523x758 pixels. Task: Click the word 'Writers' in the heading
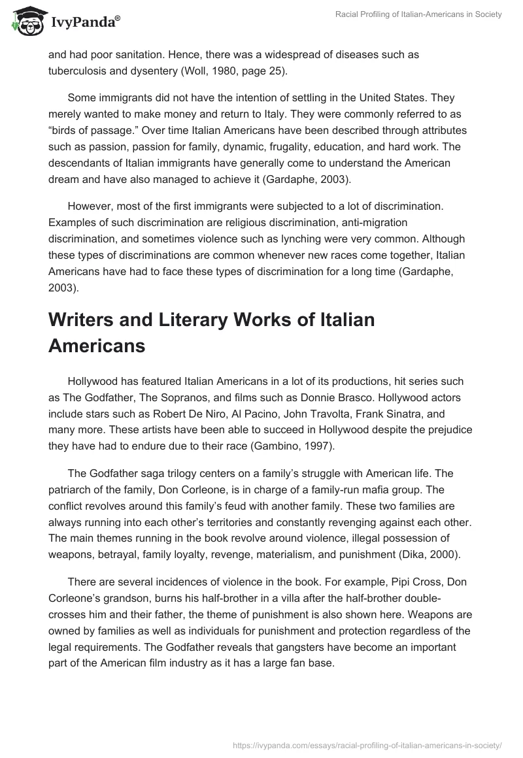(89, 320)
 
